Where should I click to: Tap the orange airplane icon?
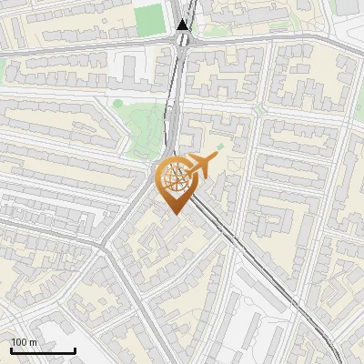click(202, 164)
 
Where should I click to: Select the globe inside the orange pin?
click(175, 179)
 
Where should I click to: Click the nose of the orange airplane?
click(217, 157)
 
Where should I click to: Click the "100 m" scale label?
click(25, 342)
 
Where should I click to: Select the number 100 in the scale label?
click(20, 342)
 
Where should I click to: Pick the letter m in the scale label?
click(34, 342)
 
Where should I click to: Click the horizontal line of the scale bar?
click(43, 350)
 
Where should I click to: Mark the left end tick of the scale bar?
click(12, 349)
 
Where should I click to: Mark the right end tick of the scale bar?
click(75, 349)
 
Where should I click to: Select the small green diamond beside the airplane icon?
click(220, 146)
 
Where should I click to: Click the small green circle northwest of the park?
click(117, 103)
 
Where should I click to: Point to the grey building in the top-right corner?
click(346, 6)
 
